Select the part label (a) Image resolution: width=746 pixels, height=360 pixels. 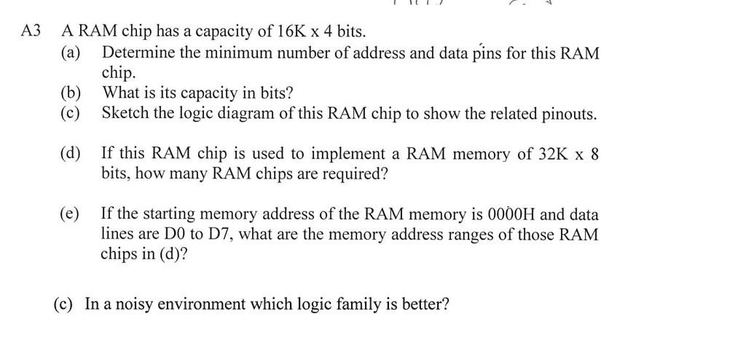click(x=71, y=52)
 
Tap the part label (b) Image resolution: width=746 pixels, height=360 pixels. click(x=71, y=93)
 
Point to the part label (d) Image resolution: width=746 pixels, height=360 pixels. click(x=71, y=154)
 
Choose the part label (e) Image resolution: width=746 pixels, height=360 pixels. click(x=71, y=214)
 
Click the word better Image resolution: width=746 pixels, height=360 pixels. click(x=425, y=304)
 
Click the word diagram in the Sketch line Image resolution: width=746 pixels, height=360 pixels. click(x=290, y=114)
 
